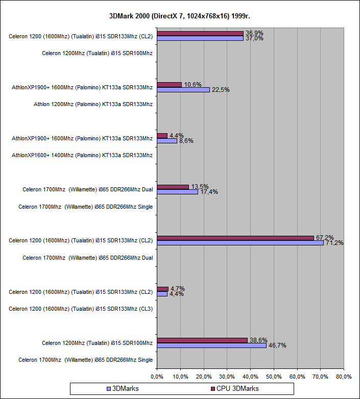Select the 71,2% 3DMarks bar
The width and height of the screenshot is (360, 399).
click(x=240, y=243)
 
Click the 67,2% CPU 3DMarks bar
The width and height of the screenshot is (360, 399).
click(x=235, y=238)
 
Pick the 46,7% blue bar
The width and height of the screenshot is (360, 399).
click(x=211, y=345)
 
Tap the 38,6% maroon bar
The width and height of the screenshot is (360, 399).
click(x=202, y=340)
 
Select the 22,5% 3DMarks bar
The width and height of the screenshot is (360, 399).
click(x=183, y=89)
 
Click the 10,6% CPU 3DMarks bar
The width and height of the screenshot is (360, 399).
click(x=169, y=84)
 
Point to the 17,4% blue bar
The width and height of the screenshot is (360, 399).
click(x=177, y=192)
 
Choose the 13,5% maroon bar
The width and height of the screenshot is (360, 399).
click(x=173, y=187)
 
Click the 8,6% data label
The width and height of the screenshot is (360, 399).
click(x=186, y=141)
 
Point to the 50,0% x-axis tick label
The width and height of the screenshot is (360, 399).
click(x=274, y=377)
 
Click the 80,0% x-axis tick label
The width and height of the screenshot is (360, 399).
click(x=344, y=377)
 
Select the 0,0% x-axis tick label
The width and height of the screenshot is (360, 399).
click(x=157, y=377)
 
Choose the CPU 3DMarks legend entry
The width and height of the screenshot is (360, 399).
click(x=234, y=389)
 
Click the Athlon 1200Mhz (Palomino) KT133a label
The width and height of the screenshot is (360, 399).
click(x=93, y=104)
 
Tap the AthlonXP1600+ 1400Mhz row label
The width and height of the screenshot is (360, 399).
click(x=82, y=155)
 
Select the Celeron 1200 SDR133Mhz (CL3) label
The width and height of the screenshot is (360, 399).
click(x=81, y=308)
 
